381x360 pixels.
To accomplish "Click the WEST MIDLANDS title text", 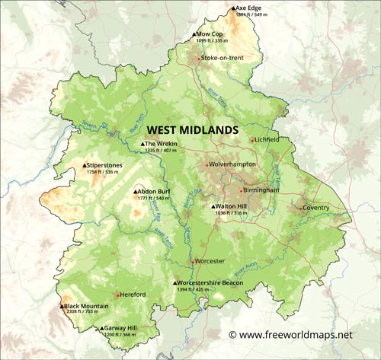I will [x=192, y=130].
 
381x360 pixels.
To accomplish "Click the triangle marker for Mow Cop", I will [x=194, y=34].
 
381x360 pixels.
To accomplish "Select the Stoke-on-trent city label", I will [x=223, y=58].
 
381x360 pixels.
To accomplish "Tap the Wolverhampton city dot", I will [x=206, y=164].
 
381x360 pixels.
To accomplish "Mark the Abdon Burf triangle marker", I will [x=135, y=192].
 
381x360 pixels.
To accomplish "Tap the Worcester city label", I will [x=210, y=261].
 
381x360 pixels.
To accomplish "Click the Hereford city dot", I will [x=117, y=295].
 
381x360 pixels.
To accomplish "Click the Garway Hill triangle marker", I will [x=101, y=329].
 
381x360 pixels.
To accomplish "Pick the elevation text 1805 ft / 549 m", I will [x=252, y=15].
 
